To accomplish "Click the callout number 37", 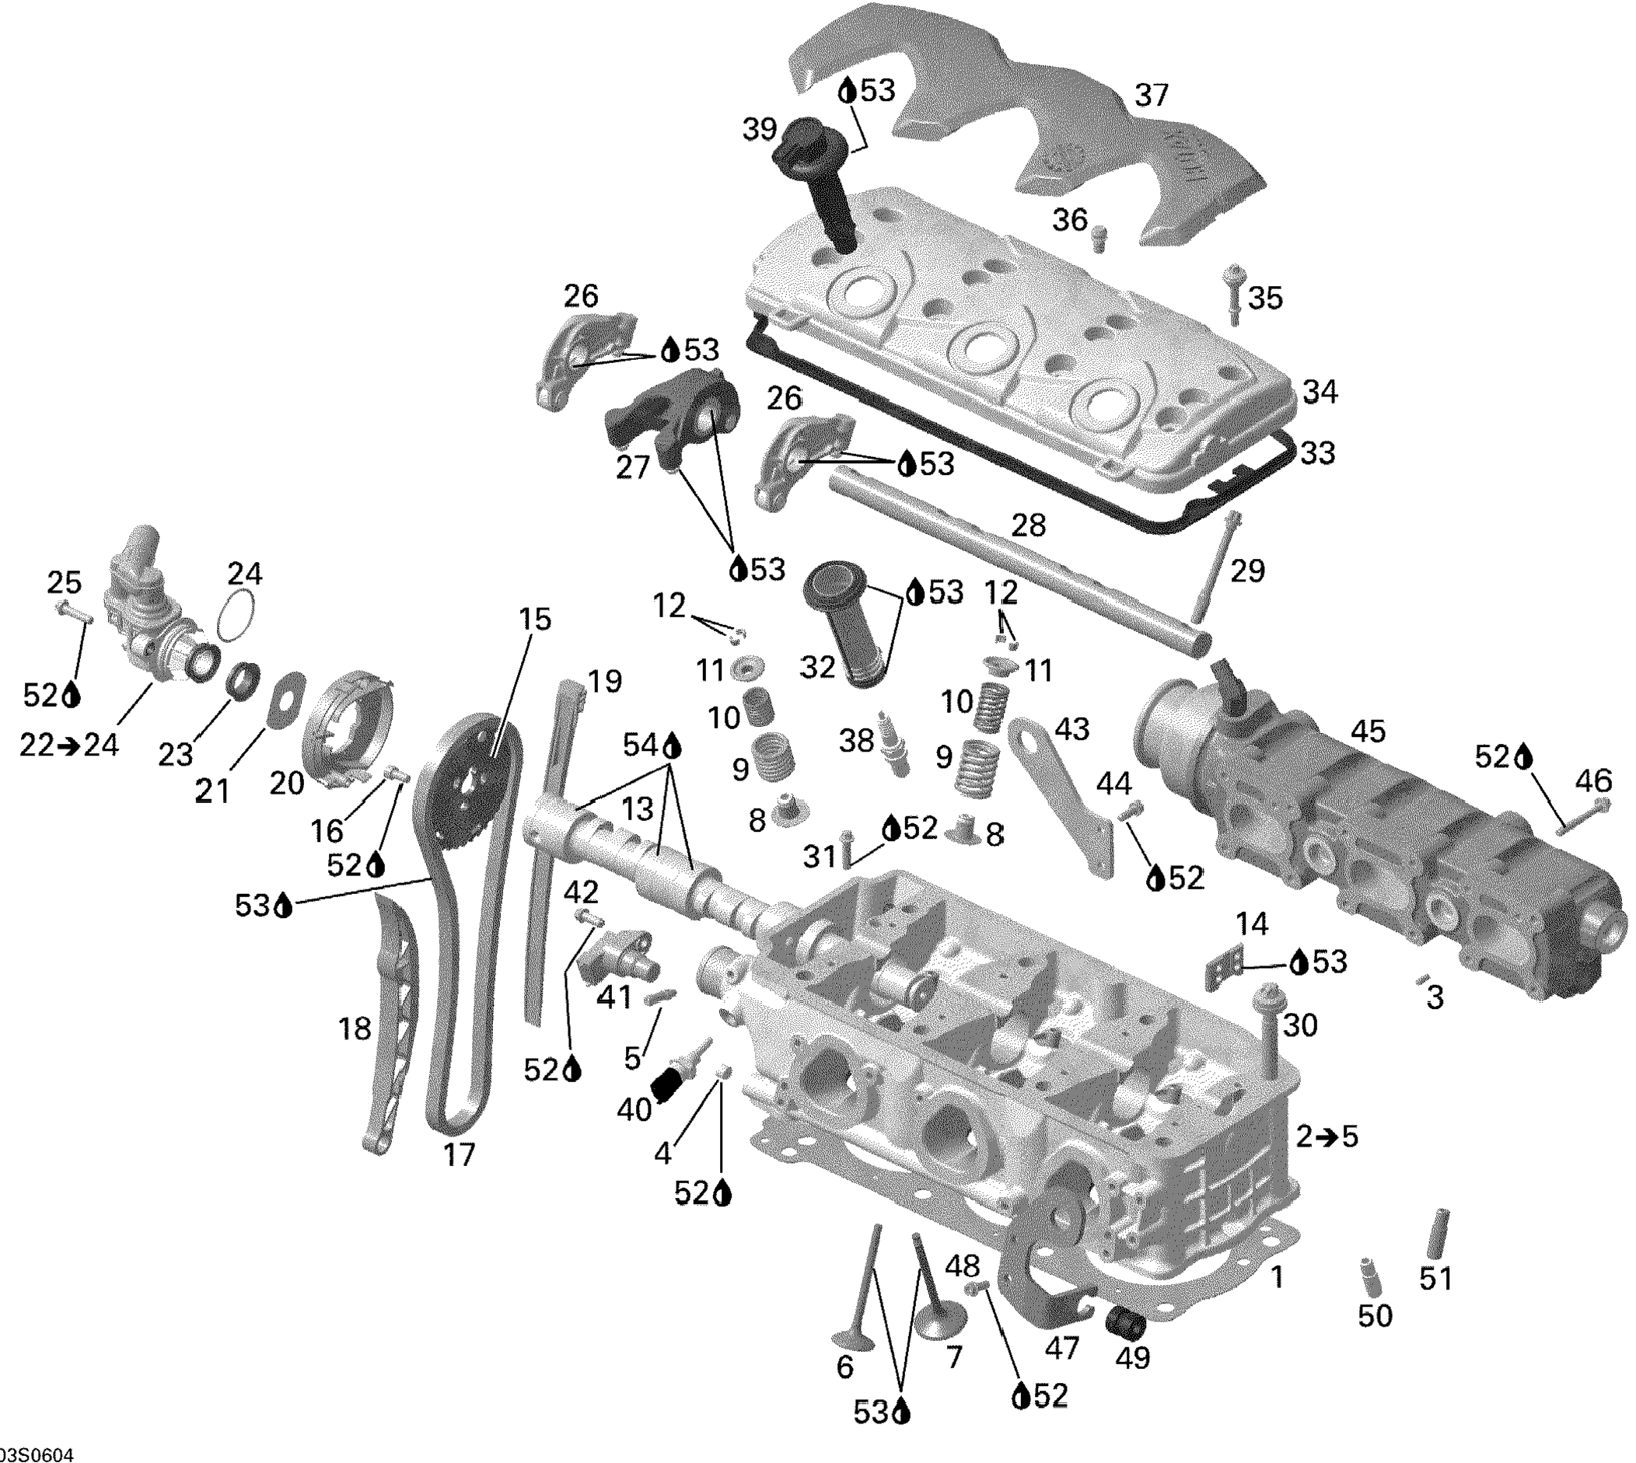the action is point(1151,96).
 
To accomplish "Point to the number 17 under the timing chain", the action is point(459,1154).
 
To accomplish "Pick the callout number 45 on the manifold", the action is point(1368,731).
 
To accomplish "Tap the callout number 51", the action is point(1435,1277).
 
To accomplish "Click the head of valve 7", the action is point(939,1319).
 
